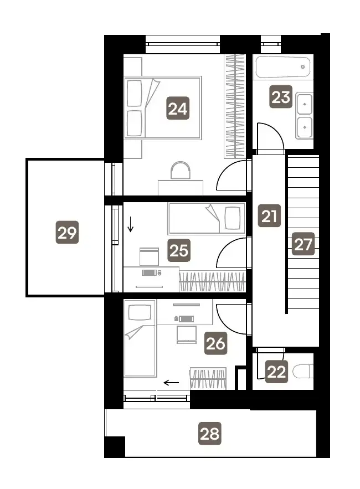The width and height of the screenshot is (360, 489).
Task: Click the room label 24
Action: (x=178, y=109)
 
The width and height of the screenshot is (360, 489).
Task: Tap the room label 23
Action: (x=281, y=97)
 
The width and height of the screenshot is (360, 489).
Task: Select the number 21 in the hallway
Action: (x=269, y=216)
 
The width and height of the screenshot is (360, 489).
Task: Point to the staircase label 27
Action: (x=303, y=244)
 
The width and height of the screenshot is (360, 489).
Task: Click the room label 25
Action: (x=179, y=250)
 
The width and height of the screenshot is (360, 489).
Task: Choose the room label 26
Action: (x=215, y=343)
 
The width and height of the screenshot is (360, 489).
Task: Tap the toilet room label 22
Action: (x=276, y=372)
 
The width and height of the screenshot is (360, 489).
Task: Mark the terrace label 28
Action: (x=210, y=434)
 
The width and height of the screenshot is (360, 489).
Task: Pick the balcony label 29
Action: (x=67, y=233)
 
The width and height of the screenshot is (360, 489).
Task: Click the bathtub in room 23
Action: (x=283, y=67)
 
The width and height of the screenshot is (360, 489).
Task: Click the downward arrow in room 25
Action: (x=130, y=224)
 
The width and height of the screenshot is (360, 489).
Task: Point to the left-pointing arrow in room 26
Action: (x=172, y=383)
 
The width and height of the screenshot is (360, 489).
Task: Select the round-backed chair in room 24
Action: (x=181, y=170)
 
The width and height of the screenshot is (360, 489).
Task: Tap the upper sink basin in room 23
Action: (x=304, y=104)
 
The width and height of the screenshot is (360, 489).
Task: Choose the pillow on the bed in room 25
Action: (x=233, y=218)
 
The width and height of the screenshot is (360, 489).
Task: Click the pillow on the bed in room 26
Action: (x=140, y=312)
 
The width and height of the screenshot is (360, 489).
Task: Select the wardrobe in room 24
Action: (x=235, y=106)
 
